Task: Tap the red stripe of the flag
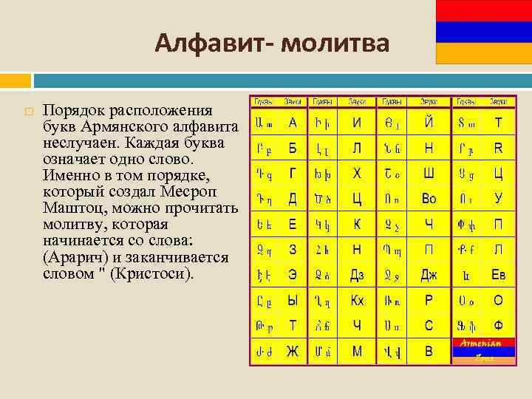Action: click(x=484, y=10)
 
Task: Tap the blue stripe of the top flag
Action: click(x=484, y=32)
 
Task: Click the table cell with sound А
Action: click(x=293, y=123)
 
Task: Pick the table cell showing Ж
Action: click(x=293, y=352)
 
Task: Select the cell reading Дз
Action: click(x=357, y=276)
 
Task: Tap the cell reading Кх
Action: click(x=357, y=301)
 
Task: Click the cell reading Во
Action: click(x=429, y=199)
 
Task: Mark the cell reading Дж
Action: click(x=429, y=276)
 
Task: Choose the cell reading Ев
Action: click(x=498, y=276)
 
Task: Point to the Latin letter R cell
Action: click(x=498, y=148)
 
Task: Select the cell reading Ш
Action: click(x=429, y=174)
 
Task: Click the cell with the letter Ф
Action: click(x=498, y=325)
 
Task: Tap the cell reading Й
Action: click(x=429, y=123)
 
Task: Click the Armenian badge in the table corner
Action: click(x=482, y=350)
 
